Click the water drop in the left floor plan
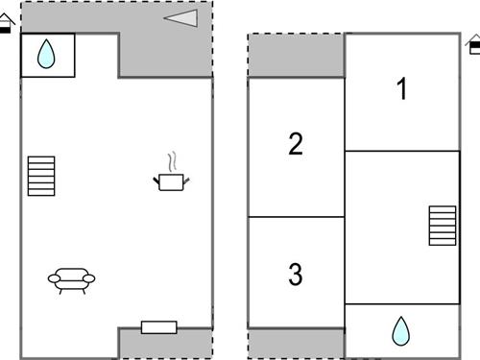pos(46,56)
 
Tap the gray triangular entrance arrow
pos(181,17)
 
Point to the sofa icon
pos(72,279)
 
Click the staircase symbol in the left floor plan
pos(42,176)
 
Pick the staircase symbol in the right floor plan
pos(443,226)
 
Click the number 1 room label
pos(402,89)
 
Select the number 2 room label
pos(296,145)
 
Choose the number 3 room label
pos(296,275)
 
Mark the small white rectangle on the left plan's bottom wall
pos(158,327)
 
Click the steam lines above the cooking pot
pos(173,160)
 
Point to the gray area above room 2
pos(296,55)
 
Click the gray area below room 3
pos(296,343)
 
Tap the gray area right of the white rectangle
pos(195,342)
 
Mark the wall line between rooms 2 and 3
pos(296,217)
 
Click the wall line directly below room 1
pos(402,151)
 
